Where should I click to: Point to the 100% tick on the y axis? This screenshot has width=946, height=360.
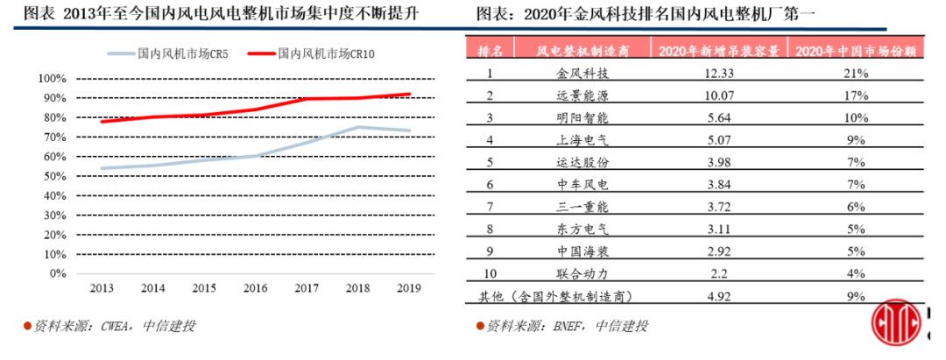click(x=53, y=79)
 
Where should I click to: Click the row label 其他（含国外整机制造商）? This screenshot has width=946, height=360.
click(x=553, y=297)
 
